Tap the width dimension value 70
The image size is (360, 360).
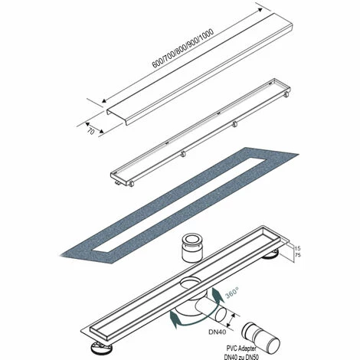point(90,132)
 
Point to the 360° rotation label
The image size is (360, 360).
point(232,293)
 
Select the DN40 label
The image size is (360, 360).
point(218,332)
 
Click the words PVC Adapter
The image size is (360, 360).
point(241,348)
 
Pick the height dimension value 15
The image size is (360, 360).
point(297,248)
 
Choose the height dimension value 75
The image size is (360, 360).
point(297,255)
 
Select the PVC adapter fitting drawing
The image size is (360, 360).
point(261,335)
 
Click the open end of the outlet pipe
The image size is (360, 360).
point(220,315)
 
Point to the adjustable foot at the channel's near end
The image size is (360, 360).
point(101,348)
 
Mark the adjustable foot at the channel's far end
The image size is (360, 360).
point(271,255)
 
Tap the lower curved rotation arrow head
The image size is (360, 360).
point(175,319)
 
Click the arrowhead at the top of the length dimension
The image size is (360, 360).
point(260,10)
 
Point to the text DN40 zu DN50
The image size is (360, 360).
point(241,356)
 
